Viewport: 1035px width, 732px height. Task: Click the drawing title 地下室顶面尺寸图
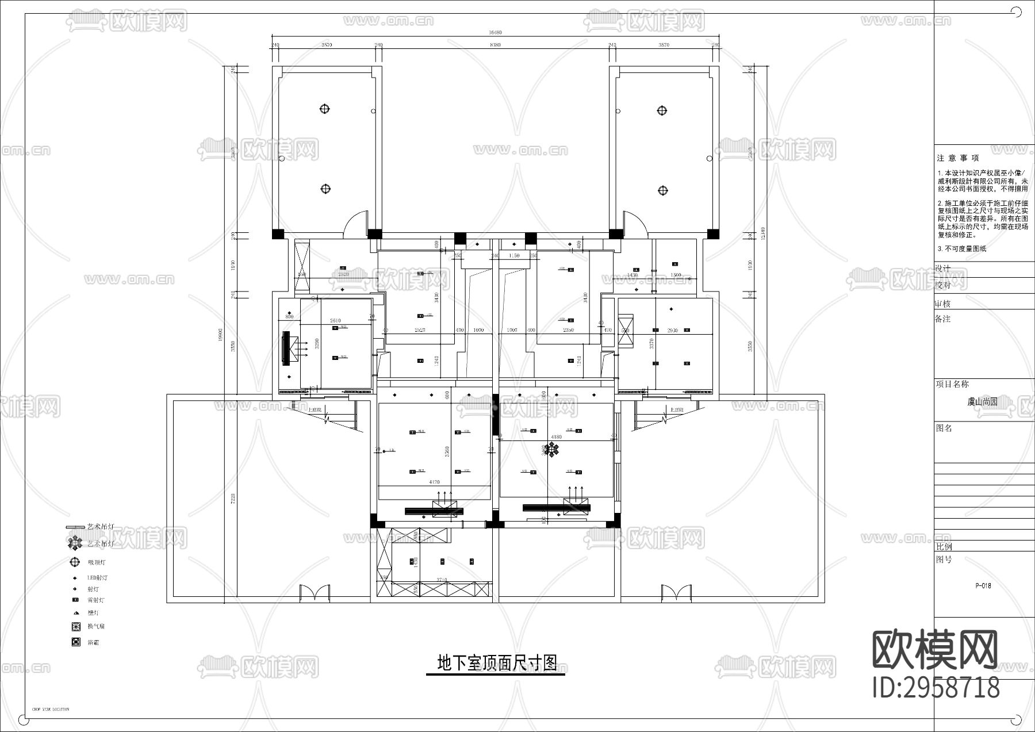[x=497, y=663]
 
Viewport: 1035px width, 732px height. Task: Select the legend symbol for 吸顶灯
[x=75, y=562]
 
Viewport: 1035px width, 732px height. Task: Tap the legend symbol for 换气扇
[x=75, y=626]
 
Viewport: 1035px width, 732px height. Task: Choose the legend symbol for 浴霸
[x=75, y=642]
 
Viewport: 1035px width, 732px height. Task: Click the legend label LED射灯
[x=97, y=578]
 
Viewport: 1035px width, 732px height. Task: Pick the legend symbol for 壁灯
[x=75, y=613]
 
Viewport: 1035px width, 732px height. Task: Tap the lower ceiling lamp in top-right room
[x=662, y=189]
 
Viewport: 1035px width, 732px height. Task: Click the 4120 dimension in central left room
[x=435, y=482]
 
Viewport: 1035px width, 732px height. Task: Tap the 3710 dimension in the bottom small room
[x=442, y=580]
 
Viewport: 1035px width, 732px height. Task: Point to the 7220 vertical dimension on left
[x=233, y=497]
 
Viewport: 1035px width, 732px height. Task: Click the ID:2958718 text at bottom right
[x=936, y=688]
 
